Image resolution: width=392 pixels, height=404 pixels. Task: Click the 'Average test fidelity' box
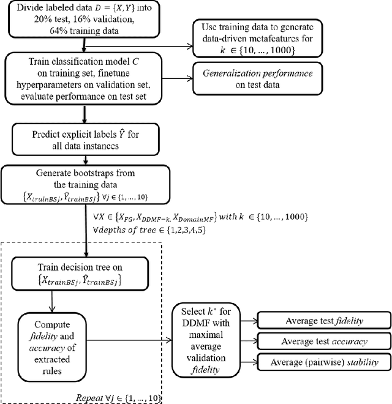click(x=322, y=320)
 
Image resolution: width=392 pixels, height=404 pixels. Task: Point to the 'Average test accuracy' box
click(x=322, y=341)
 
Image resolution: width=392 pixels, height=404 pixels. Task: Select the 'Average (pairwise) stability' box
click(x=322, y=362)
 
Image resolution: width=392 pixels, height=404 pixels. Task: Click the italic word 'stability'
click(x=356, y=362)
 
